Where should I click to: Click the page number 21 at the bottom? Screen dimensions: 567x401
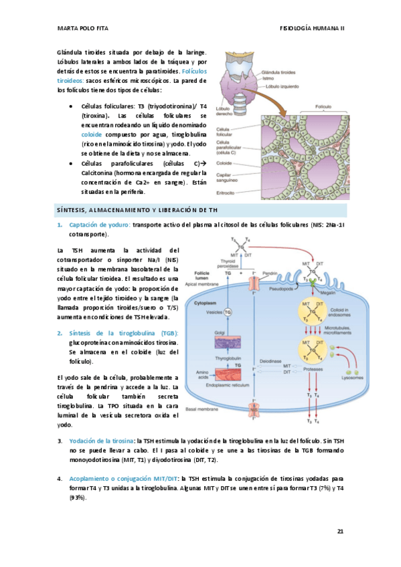coord(341,532)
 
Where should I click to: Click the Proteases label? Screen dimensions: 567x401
coord(312,369)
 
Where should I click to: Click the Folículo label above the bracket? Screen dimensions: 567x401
coord(324,106)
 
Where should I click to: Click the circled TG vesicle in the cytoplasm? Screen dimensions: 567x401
coord(227,312)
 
